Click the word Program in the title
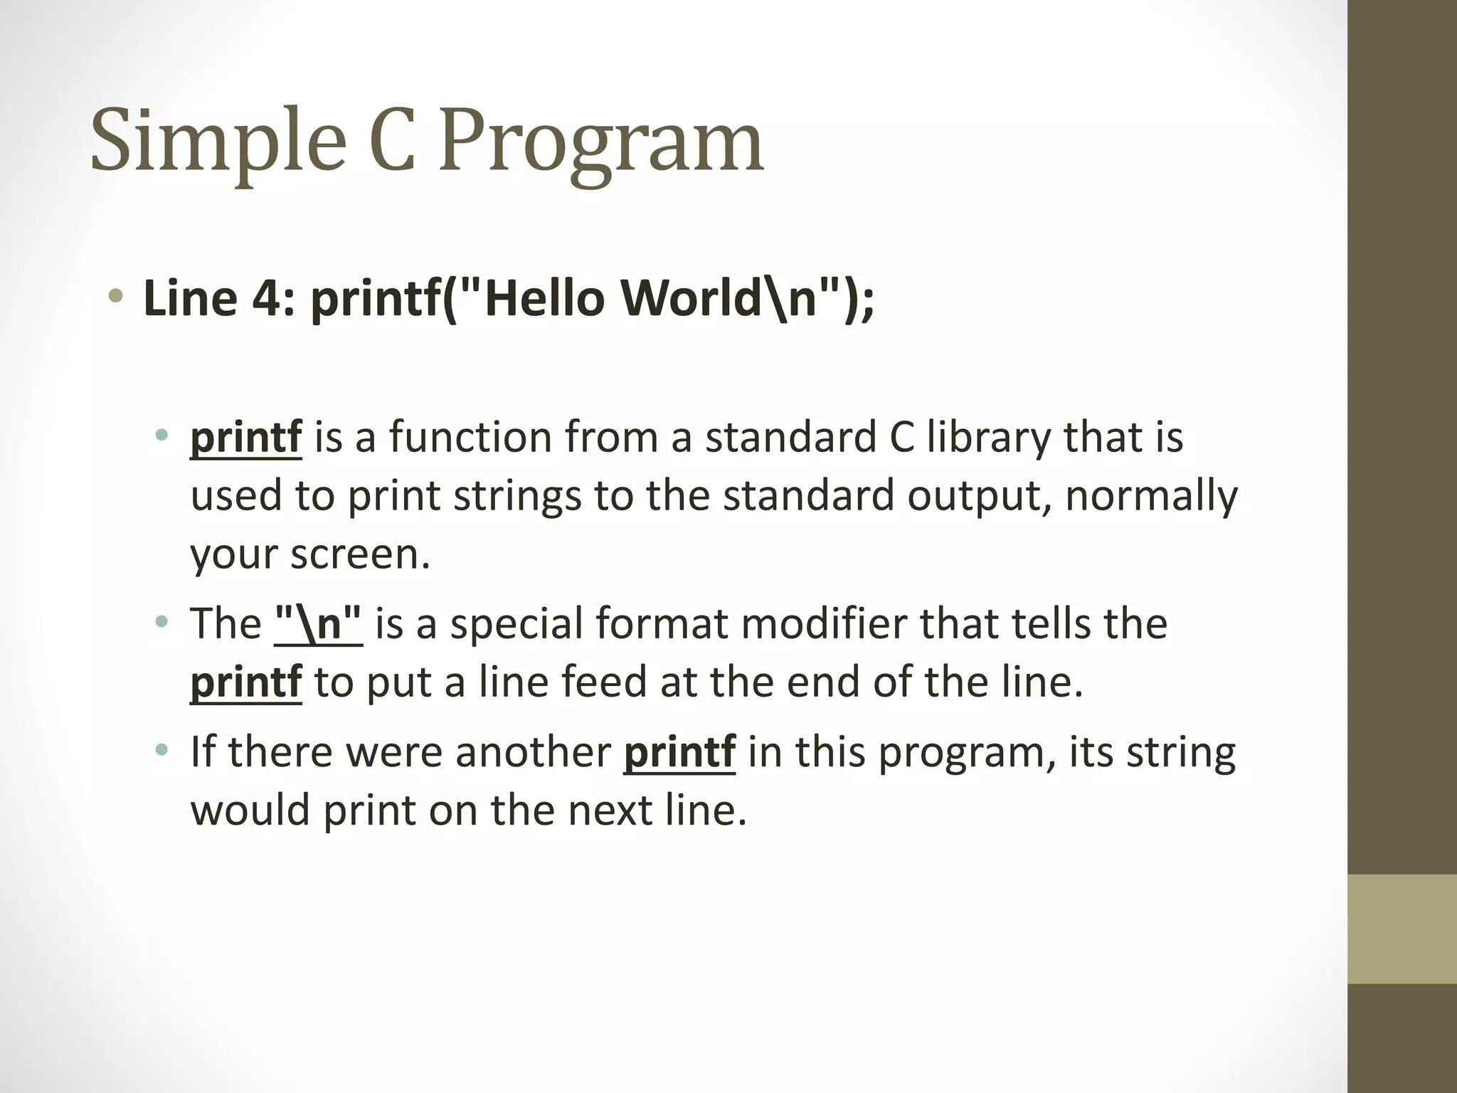coord(601,141)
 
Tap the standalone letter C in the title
coord(392,141)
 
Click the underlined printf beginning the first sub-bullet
coord(246,437)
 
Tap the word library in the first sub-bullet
coord(988,437)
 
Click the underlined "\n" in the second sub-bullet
coord(318,623)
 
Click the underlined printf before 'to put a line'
coord(246,682)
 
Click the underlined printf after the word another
coord(679,751)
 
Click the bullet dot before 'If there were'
coord(162,749)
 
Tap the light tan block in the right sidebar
coord(1402,929)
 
